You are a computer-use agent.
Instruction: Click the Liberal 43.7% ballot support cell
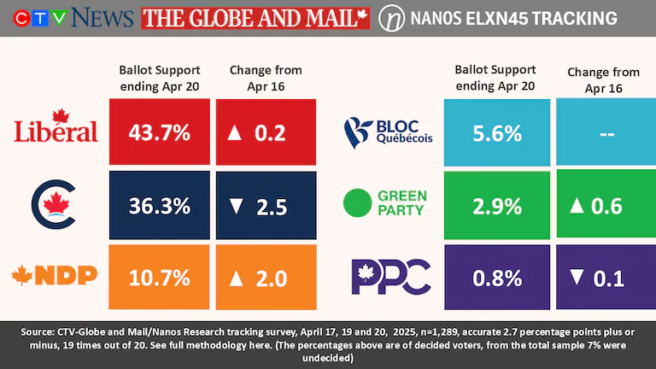pos(160,132)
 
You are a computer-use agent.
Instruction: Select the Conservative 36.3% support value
pos(160,206)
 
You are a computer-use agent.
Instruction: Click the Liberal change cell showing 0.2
pos(266,132)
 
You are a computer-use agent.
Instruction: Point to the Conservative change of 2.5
pos(266,206)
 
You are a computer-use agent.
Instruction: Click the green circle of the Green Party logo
pos(357,203)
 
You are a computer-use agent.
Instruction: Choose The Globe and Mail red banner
pos(255,17)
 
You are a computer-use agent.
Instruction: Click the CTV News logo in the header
pos(68,17)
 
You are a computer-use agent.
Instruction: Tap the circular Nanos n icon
pos(392,18)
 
